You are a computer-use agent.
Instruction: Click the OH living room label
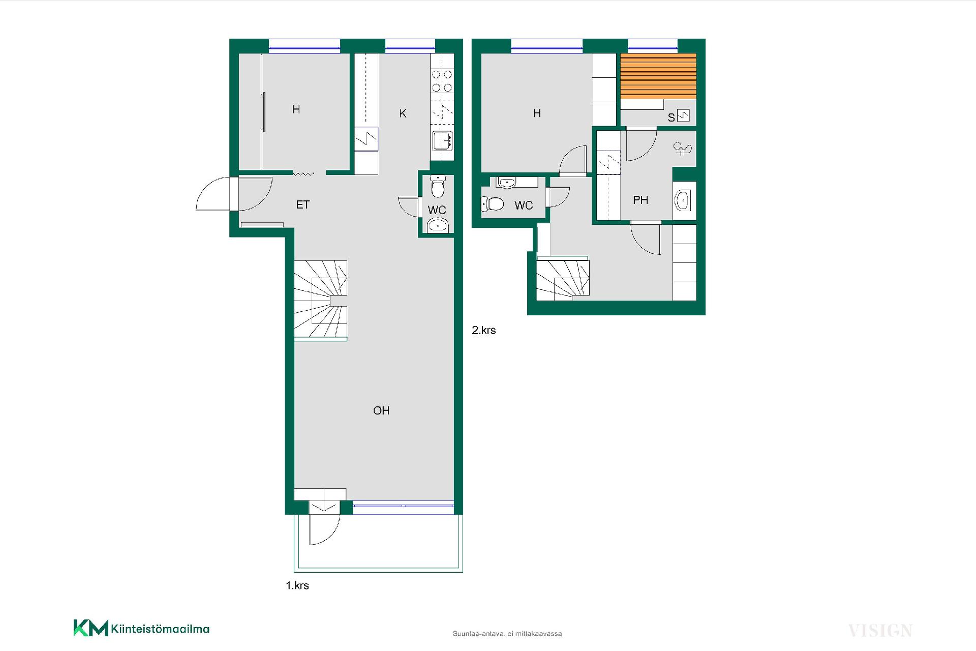coord(381,410)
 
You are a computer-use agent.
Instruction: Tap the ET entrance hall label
coord(303,204)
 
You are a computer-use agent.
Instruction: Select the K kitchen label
coord(403,113)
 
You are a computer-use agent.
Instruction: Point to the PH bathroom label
coord(640,200)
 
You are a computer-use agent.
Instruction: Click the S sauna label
coord(671,117)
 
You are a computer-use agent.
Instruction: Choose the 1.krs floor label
coord(297,585)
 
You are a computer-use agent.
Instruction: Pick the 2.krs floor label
coord(484,330)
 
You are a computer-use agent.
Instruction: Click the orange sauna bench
coord(658,76)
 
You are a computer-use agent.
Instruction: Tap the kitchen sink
coord(442,140)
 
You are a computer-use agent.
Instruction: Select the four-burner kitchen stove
coord(442,81)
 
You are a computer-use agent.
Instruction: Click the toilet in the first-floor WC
coord(437,187)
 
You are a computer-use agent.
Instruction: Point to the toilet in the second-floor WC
coord(493,204)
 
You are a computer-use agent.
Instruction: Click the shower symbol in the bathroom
coord(683,148)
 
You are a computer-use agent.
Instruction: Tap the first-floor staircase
coord(321,300)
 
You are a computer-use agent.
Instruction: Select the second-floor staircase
coord(563,279)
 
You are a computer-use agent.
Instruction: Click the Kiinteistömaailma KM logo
coord(141,628)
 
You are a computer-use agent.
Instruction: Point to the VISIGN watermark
coord(880,631)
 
